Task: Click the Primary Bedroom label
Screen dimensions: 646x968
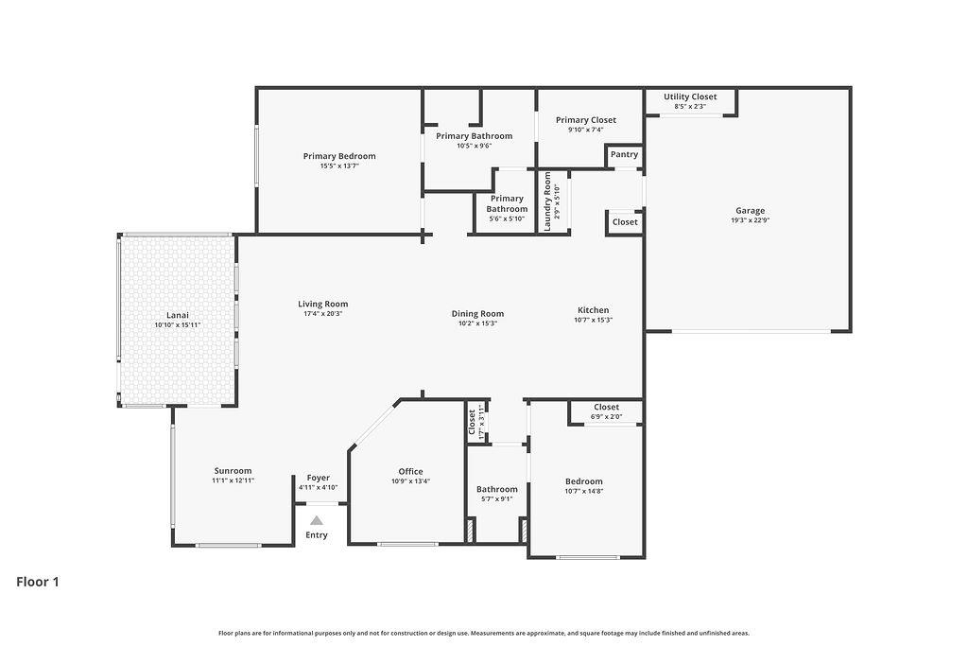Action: (x=338, y=156)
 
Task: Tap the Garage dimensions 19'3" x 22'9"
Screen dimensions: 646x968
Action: (x=750, y=220)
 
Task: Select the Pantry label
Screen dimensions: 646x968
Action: (x=624, y=154)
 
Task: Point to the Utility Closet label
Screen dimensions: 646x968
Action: (x=690, y=96)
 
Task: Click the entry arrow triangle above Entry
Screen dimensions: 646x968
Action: (x=317, y=520)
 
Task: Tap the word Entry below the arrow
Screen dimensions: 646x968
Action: (x=317, y=535)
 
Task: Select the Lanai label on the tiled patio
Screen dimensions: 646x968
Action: (x=177, y=315)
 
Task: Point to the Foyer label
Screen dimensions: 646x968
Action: (x=318, y=478)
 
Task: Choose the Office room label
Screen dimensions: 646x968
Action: (x=410, y=471)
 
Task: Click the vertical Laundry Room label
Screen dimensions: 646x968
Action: (x=547, y=201)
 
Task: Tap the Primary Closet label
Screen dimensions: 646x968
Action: (x=585, y=120)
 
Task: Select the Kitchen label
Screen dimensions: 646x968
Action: (x=594, y=310)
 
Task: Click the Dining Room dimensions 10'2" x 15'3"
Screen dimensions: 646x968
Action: (x=477, y=323)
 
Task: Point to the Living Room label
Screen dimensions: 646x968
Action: (x=323, y=304)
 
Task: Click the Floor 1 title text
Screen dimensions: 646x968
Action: (x=38, y=582)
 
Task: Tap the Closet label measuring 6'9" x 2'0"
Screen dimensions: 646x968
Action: (x=607, y=407)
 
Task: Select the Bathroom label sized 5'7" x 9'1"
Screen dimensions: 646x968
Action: (x=497, y=489)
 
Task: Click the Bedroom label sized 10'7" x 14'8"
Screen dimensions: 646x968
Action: (x=583, y=481)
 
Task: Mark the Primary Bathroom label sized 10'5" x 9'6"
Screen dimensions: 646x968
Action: (x=474, y=136)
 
